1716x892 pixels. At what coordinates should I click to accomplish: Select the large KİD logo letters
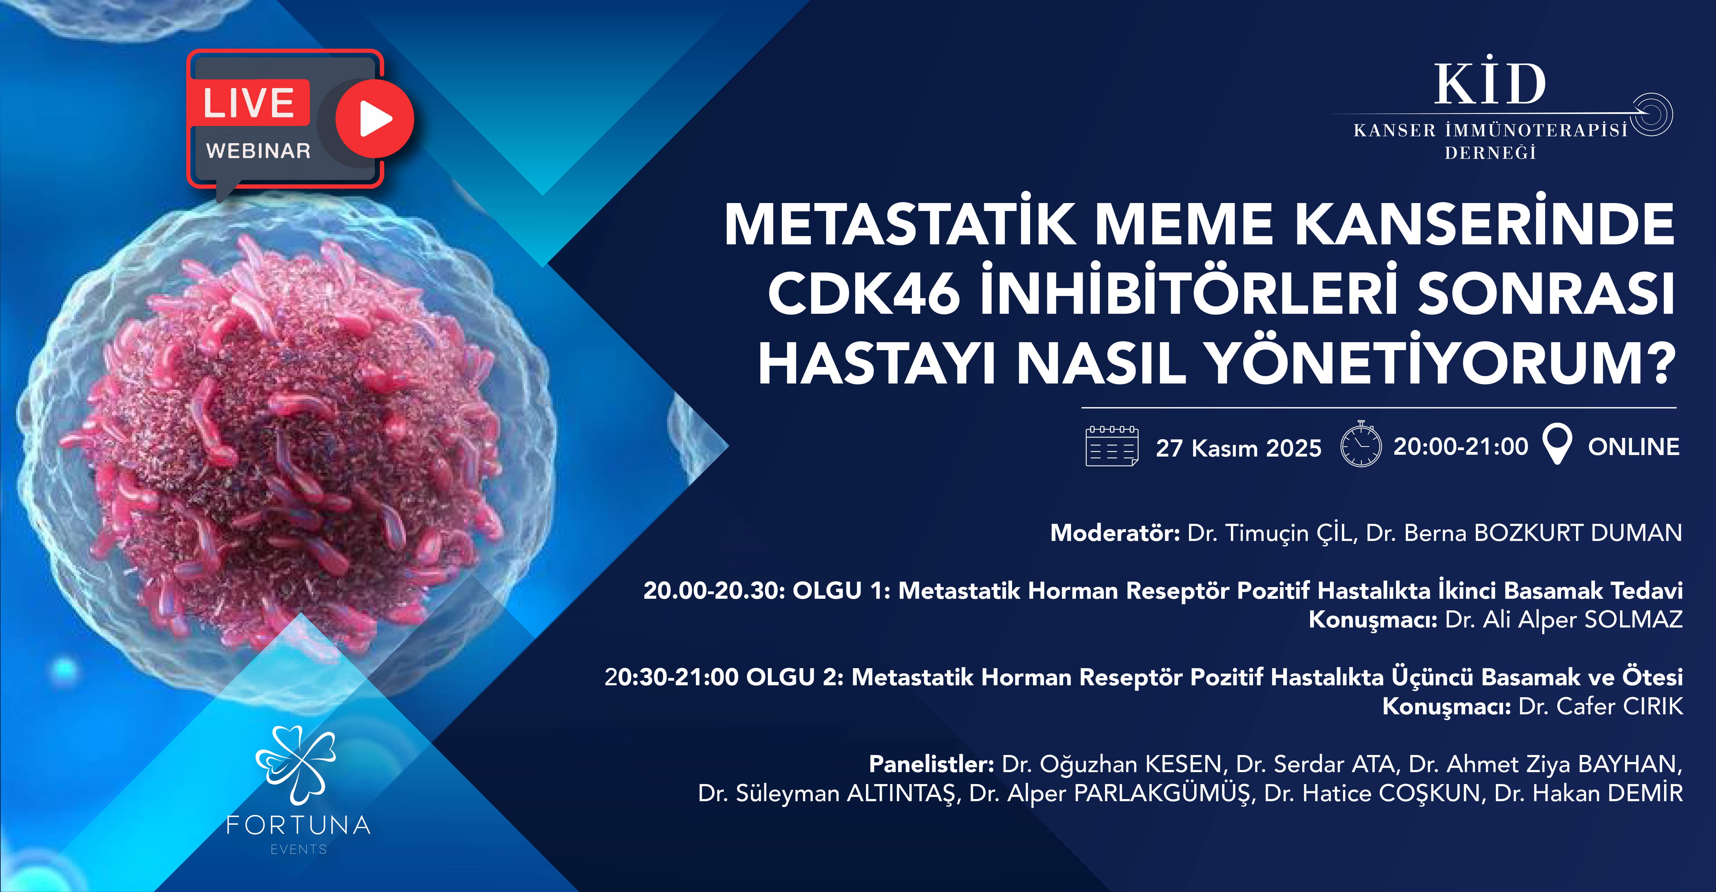click(1490, 85)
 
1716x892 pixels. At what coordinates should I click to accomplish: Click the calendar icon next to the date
click(1112, 446)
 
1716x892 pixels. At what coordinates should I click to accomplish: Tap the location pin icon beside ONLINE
click(1557, 445)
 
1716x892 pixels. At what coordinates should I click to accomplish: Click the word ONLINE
click(1633, 447)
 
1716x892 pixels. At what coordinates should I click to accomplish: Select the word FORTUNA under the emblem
click(298, 826)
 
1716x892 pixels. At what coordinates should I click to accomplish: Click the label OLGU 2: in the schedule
click(795, 677)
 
